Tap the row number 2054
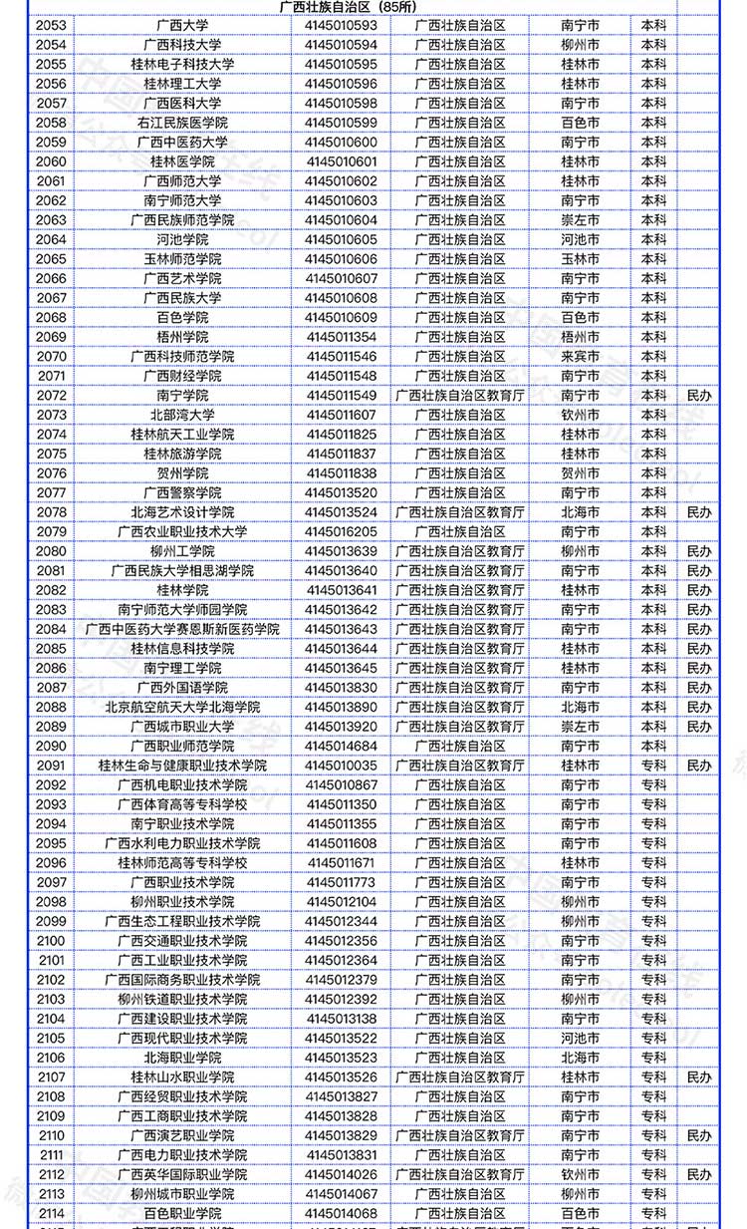pos(51,45)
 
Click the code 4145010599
pos(342,123)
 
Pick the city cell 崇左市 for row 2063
pos(581,220)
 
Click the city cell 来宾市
pos(581,357)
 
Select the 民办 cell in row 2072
pos(699,396)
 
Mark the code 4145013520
pos(342,493)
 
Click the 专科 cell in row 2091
pos(653,766)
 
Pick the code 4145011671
pos(342,863)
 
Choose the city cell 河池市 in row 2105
pos(581,1039)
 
